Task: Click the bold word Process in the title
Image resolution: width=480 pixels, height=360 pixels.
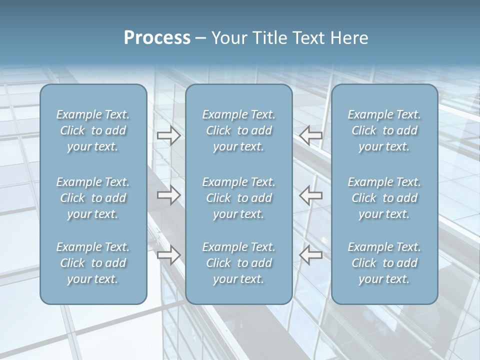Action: [x=157, y=38]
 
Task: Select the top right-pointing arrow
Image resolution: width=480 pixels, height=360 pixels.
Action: [x=168, y=135]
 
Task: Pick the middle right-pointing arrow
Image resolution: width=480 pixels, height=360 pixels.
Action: [x=168, y=195]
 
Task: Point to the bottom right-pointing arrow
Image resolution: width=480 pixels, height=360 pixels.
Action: [x=168, y=255]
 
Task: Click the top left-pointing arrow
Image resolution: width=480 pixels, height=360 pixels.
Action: [x=311, y=135]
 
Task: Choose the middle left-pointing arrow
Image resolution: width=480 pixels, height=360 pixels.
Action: [x=311, y=195]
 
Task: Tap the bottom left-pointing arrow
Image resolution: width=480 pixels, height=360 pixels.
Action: [x=311, y=255]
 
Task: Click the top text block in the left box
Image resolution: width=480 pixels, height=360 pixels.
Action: [x=93, y=130]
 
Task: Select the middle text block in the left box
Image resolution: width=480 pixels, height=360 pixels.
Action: [x=93, y=198]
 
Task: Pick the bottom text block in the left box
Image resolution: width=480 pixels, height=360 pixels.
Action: [x=93, y=263]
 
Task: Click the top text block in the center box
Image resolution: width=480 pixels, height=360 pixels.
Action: [x=239, y=130]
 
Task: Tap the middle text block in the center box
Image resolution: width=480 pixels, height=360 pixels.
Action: [x=239, y=198]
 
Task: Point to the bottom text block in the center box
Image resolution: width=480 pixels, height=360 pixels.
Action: [x=239, y=263]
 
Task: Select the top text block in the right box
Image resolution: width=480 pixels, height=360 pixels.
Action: [x=384, y=130]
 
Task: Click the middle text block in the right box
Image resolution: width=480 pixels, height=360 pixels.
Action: [x=384, y=198]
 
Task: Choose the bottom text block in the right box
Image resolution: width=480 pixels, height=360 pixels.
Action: [x=384, y=263]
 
